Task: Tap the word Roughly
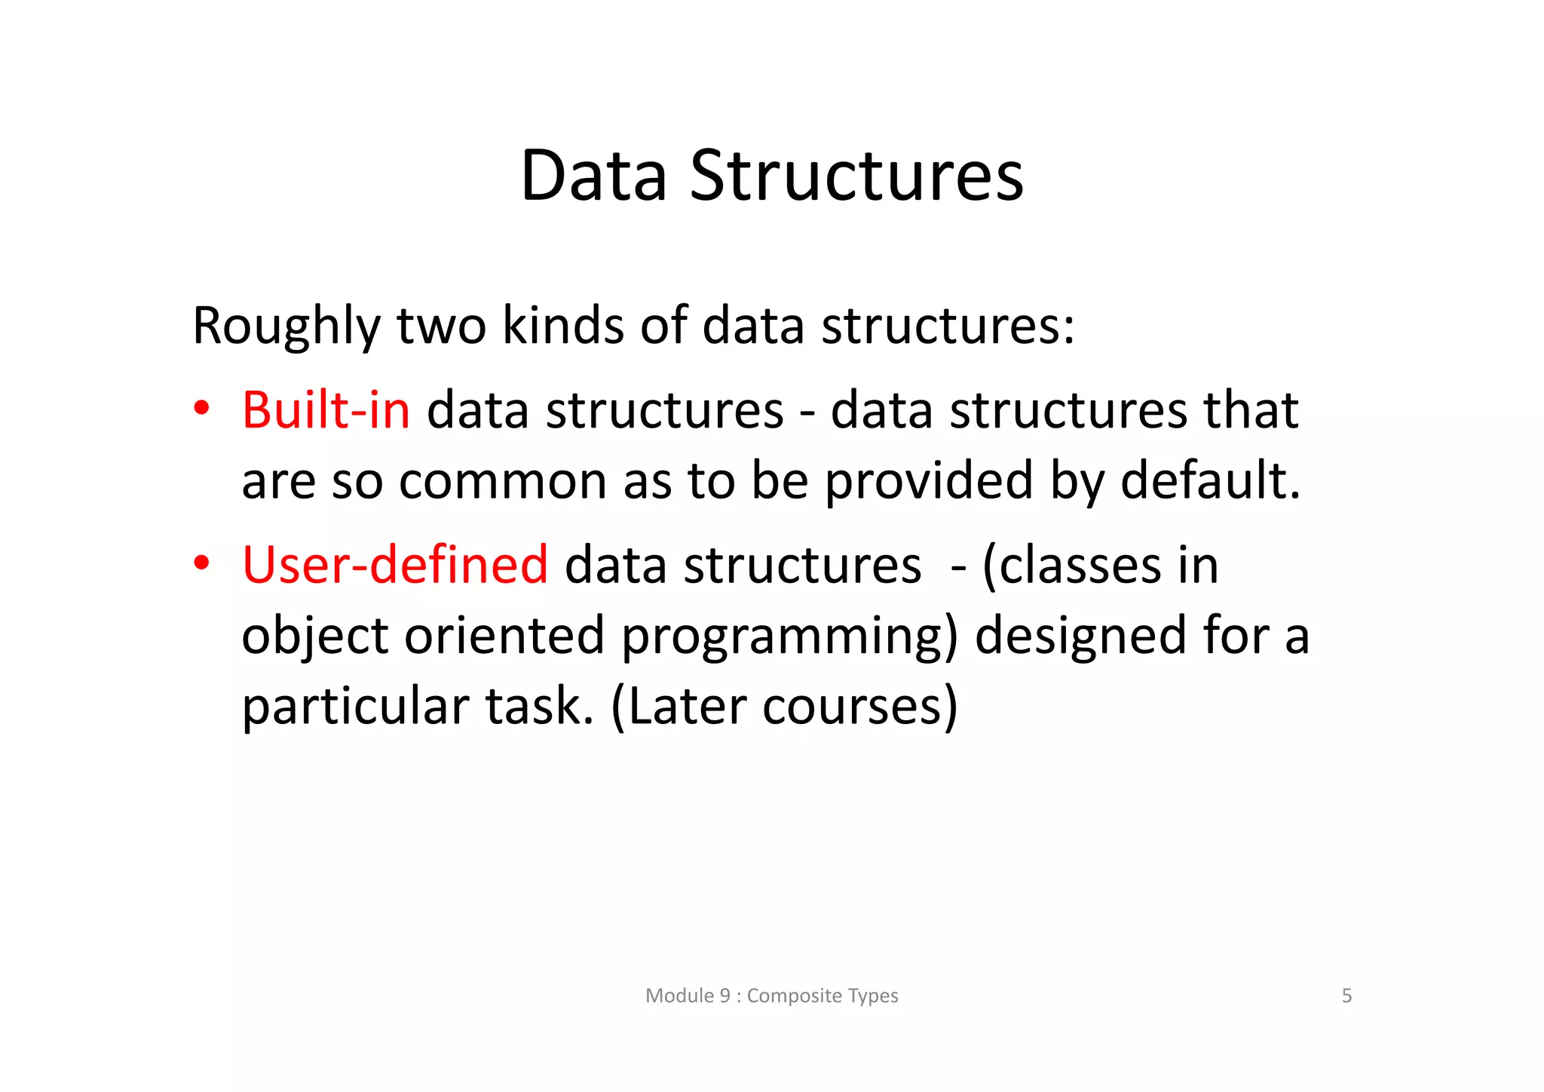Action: click(x=286, y=327)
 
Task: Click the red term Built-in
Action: click(x=326, y=410)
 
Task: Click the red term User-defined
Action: click(x=394, y=565)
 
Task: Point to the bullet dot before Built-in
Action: click(x=201, y=409)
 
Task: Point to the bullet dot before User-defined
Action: click(x=201, y=563)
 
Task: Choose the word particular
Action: click(x=354, y=707)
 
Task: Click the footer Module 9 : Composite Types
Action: click(x=771, y=995)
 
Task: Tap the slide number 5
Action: click(x=1346, y=995)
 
